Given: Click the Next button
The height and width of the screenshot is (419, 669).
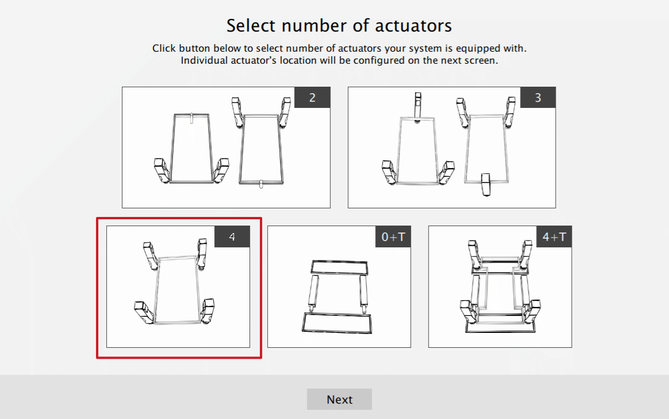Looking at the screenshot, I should point(339,399).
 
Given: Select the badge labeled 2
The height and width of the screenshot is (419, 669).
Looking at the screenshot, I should point(312,98).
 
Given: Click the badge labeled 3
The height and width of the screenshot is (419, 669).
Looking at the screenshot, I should point(538,98).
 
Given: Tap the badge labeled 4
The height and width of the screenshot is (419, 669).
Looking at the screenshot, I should point(232,236).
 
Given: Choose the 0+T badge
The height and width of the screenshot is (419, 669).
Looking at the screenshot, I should point(393,236).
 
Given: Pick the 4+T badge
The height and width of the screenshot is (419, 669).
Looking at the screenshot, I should point(554,236).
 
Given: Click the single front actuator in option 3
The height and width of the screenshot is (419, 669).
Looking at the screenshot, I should point(418,106).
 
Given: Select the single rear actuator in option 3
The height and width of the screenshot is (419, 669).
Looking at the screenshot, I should point(486,184).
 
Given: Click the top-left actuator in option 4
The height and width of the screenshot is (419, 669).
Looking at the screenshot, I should point(149,255).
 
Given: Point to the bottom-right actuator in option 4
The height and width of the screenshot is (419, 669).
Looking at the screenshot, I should point(207,311).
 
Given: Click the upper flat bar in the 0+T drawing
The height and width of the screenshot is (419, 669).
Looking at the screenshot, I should point(339,267).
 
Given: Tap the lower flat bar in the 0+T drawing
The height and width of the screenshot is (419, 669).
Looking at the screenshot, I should point(337,322).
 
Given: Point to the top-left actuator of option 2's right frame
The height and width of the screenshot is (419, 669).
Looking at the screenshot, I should point(237,111).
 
